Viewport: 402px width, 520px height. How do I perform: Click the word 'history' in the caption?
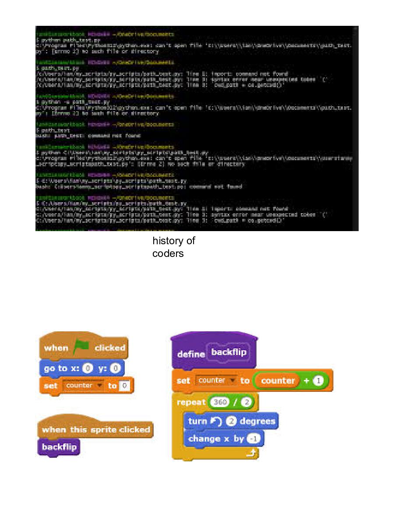tap(173, 241)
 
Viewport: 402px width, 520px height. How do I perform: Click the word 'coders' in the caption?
tap(168, 253)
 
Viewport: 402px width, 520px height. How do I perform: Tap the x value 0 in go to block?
tap(88, 369)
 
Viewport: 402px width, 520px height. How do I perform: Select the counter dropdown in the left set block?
tap(83, 386)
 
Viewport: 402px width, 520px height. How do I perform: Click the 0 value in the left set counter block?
tap(125, 386)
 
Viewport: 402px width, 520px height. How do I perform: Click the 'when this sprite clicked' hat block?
tap(95, 429)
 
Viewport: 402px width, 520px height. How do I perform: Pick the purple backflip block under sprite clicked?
tap(59, 447)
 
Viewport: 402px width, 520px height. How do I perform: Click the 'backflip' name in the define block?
tap(229, 352)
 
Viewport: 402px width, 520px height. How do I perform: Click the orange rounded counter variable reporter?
tap(278, 381)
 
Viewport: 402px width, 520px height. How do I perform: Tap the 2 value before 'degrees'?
tap(232, 421)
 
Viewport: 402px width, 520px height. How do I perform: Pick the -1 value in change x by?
tap(253, 439)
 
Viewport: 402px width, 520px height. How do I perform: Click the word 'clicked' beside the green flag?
tap(110, 348)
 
